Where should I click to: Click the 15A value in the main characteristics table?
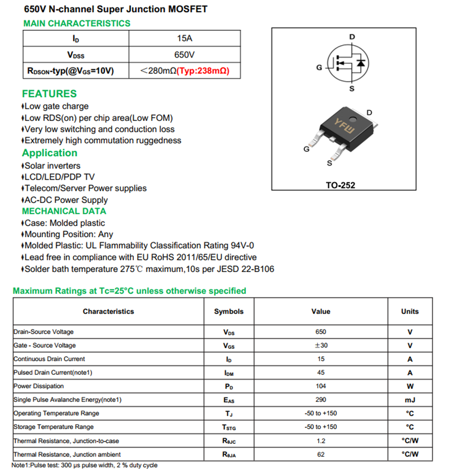coord(184,38)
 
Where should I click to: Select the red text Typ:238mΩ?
coord(203,71)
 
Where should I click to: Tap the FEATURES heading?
coord(49,94)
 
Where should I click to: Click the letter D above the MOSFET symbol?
coord(352,37)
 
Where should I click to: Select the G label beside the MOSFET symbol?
coord(319,67)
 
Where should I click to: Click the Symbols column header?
coord(228,311)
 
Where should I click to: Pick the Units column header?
coord(409,311)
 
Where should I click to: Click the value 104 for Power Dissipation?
coord(320,386)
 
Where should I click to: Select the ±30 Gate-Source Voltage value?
coord(320,346)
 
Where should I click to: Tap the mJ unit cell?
coord(409,400)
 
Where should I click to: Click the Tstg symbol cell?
coord(229,427)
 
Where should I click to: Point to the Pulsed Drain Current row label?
coord(53,373)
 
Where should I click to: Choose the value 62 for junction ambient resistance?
coord(320,455)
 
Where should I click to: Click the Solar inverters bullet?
coord(52,166)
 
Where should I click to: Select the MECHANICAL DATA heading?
coord(64,211)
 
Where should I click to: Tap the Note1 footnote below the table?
coord(85,466)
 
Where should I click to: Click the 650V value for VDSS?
coord(184,55)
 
